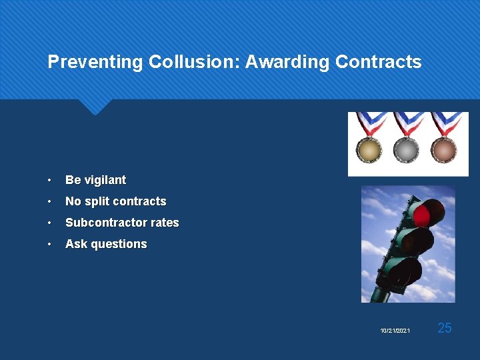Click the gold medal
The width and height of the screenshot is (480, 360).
tap(369, 149)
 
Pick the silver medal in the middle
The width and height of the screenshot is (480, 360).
tap(406, 149)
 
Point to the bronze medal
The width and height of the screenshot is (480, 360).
tap(443, 149)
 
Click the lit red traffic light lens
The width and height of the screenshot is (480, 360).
tap(423, 215)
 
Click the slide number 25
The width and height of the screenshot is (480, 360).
tap(445, 327)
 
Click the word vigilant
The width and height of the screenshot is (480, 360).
tap(105, 180)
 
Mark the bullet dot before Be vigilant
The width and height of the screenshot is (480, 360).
tap(50, 181)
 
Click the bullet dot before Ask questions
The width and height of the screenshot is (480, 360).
tap(50, 245)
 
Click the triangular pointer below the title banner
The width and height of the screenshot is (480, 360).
tap(95, 106)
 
